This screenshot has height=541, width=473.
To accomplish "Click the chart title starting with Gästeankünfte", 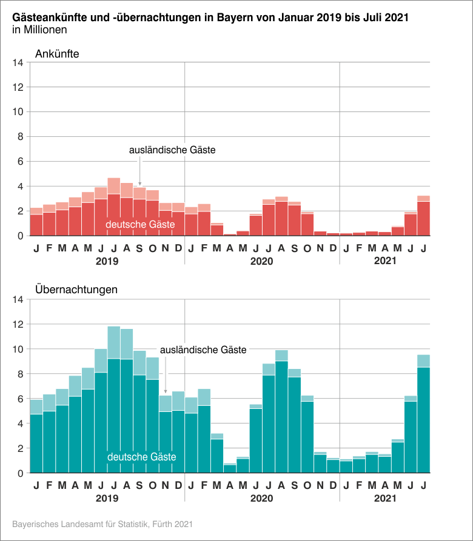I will tap(210, 18).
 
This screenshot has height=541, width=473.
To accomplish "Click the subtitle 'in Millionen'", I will tap(39, 29).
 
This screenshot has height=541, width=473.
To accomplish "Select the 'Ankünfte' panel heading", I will tap(58, 54).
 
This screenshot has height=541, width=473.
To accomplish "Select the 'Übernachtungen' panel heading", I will tap(76, 290).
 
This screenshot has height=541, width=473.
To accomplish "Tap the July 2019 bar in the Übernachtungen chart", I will tap(113, 412).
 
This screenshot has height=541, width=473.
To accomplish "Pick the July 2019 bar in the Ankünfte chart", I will tap(113, 212).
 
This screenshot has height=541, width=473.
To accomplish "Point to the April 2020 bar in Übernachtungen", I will tap(230, 468).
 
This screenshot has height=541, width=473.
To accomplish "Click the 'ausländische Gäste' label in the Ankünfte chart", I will tap(172, 150).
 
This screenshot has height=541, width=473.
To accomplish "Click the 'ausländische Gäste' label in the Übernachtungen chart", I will tap(203, 350).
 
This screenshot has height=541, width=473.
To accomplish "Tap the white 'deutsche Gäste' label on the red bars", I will tap(140, 225).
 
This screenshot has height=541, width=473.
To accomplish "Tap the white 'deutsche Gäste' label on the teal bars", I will tap(141, 457).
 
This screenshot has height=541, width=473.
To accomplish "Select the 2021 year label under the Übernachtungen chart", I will tap(384, 498).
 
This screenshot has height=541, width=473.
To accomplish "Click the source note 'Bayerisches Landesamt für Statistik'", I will tap(102, 523).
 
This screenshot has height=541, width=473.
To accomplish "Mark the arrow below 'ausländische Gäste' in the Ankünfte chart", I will tap(140, 171).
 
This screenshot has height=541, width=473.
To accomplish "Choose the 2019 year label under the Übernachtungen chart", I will tap(107, 498).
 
